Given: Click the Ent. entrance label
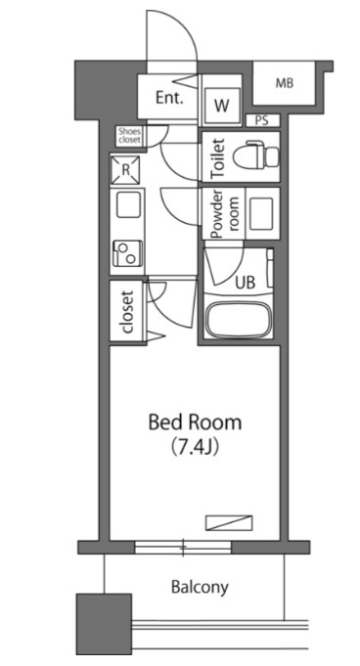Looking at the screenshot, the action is pyautogui.click(x=169, y=98).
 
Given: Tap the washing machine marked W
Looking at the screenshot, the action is pyautogui.click(x=221, y=105).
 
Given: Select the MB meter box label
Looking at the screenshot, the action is pyautogui.click(x=285, y=83).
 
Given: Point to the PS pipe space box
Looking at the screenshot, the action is pyautogui.click(x=262, y=120).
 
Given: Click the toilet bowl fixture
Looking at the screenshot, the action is pyautogui.click(x=256, y=156).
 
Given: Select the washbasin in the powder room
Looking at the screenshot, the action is pyautogui.click(x=261, y=214).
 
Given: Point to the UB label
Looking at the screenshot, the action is pyautogui.click(x=246, y=282).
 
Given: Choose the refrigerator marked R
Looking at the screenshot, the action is pyautogui.click(x=125, y=170).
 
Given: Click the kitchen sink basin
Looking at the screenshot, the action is pyautogui.click(x=129, y=204).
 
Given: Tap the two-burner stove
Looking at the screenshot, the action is pyautogui.click(x=127, y=253).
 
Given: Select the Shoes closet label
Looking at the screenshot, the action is pyautogui.click(x=129, y=136).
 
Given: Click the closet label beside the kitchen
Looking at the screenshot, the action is pyautogui.click(x=127, y=311).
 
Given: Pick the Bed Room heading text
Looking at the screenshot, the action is pyautogui.click(x=195, y=422).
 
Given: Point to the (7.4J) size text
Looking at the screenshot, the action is pyautogui.click(x=195, y=447).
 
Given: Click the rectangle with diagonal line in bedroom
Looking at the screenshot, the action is pyautogui.click(x=229, y=523).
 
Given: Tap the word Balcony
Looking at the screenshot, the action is pyautogui.click(x=200, y=588).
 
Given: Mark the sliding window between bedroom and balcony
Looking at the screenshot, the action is pyautogui.click(x=183, y=547).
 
